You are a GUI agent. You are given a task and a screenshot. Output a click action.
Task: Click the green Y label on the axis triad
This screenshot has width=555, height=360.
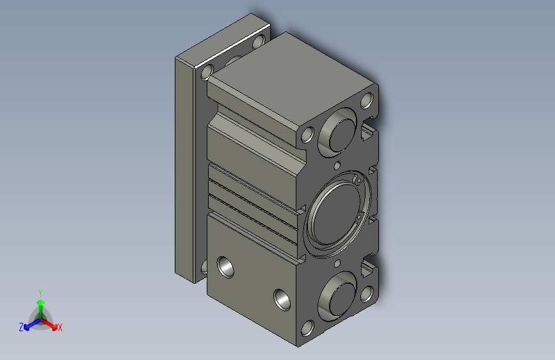point(40,291)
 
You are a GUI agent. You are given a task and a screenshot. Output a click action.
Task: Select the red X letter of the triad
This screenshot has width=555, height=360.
point(60,328)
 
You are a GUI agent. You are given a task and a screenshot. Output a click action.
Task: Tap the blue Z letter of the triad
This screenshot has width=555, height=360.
point(21,327)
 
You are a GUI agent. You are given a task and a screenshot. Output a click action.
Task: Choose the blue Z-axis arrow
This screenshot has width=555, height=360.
point(29,324)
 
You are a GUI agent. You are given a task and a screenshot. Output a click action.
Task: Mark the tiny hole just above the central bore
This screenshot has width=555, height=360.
point(337,167)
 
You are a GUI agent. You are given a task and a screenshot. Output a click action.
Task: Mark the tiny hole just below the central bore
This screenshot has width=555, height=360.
point(337,263)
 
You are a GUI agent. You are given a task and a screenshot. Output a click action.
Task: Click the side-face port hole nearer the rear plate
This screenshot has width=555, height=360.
point(226,266)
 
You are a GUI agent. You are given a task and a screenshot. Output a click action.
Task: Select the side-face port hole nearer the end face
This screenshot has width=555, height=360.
point(281,298)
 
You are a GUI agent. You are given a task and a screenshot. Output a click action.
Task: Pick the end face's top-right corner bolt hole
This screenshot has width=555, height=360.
point(367,101)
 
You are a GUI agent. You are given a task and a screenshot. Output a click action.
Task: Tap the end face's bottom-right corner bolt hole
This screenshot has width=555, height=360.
point(367,293)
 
